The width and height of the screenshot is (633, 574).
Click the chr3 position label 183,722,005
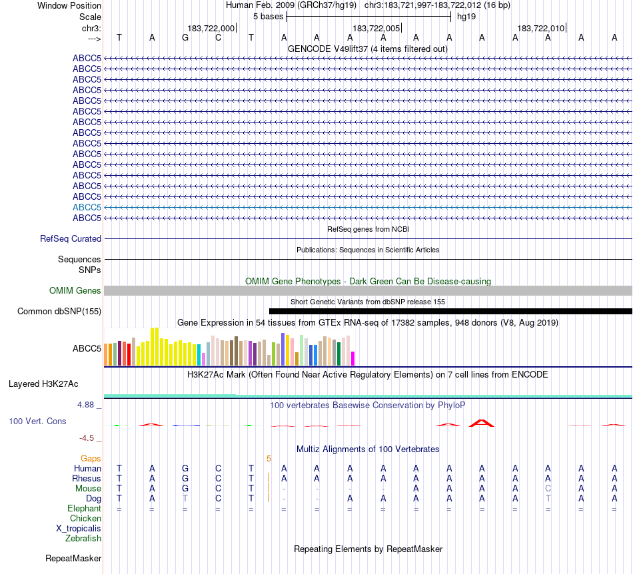(x=376, y=28)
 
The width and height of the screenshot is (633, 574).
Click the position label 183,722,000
(x=211, y=28)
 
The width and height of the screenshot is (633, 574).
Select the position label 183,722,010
(x=541, y=28)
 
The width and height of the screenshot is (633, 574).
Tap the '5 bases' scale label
(x=268, y=16)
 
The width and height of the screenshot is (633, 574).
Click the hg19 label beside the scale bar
(x=466, y=16)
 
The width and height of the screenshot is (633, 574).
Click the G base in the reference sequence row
(x=185, y=37)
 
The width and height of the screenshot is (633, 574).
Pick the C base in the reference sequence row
(x=218, y=37)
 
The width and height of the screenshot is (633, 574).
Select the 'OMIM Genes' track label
(x=75, y=290)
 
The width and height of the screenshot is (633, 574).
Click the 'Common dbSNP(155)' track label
(x=59, y=311)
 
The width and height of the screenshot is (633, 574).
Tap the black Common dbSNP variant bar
(x=450, y=311)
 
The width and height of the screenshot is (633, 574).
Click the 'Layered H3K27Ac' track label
(x=43, y=384)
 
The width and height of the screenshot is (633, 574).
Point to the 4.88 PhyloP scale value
(x=89, y=404)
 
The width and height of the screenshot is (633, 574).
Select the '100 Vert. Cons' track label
(x=37, y=421)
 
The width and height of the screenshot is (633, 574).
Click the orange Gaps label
(x=91, y=458)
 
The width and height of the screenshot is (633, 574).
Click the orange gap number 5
(x=269, y=458)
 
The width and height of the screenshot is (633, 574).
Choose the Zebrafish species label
(x=83, y=538)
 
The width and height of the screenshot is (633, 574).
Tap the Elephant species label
(x=84, y=508)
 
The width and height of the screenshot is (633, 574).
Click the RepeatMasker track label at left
(x=73, y=558)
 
